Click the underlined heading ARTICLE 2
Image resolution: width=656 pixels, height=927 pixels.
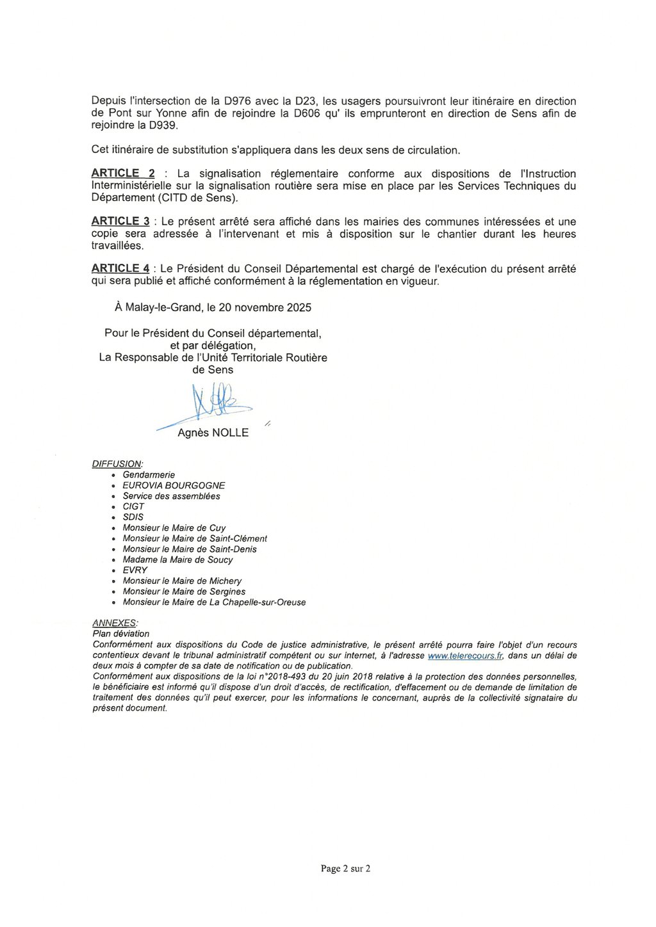click(x=123, y=173)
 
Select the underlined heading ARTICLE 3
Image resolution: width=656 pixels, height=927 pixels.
click(x=120, y=222)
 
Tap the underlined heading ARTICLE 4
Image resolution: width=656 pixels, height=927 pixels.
click(x=120, y=269)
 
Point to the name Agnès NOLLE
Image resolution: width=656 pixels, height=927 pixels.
click(x=213, y=433)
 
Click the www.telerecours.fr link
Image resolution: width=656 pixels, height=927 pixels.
click(x=465, y=656)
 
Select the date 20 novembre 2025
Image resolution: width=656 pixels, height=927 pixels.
click(x=265, y=308)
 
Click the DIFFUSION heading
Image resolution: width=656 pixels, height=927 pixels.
click(x=117, y=464)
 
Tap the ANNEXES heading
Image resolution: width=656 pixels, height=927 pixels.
click(x=115, y=623)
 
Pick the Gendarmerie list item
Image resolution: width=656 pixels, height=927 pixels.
click(x=149, y=475)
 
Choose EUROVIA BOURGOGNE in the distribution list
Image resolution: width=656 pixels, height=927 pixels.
click(x=174, y=486)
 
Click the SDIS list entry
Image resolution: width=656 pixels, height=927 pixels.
click(x=133, y=517)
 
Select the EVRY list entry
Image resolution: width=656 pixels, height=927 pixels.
click(x=135, y=570)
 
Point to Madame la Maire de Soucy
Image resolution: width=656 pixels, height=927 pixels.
click(x=177, y=560)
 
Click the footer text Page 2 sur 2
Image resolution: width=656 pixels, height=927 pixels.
click(x=345, y=869)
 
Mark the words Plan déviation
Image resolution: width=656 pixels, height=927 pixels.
click(x=121, y=634)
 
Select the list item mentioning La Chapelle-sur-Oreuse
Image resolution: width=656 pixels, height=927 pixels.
click(x=214, y=602)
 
